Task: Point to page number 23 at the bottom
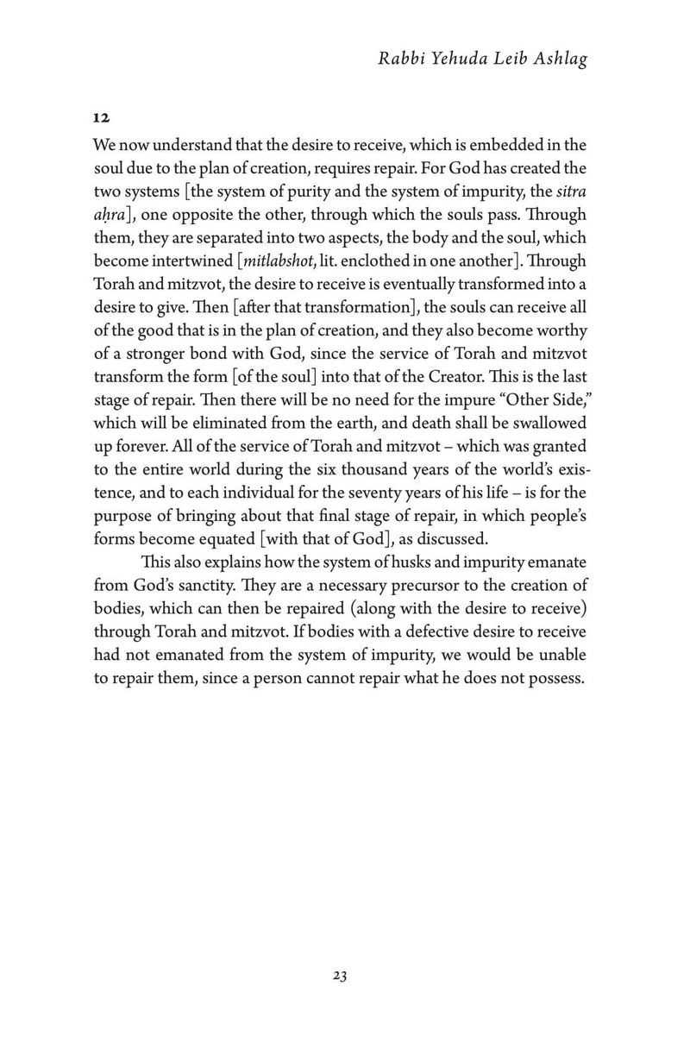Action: click(339, 976)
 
